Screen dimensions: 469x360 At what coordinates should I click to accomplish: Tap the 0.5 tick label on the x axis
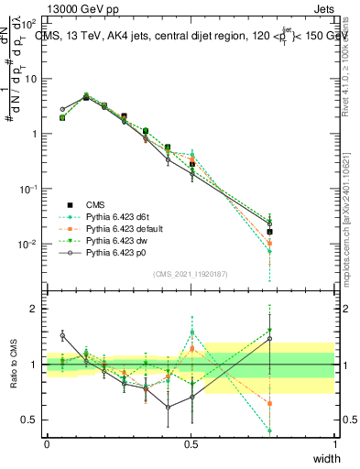pos(191,444)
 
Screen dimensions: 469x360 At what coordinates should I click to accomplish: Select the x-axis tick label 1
pos(335,444)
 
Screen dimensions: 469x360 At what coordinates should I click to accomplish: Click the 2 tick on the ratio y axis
pos(36,309)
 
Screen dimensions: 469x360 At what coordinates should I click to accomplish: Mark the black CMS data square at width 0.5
pos(191,164)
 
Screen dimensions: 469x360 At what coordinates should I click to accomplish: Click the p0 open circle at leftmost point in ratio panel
pos(62,336)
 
